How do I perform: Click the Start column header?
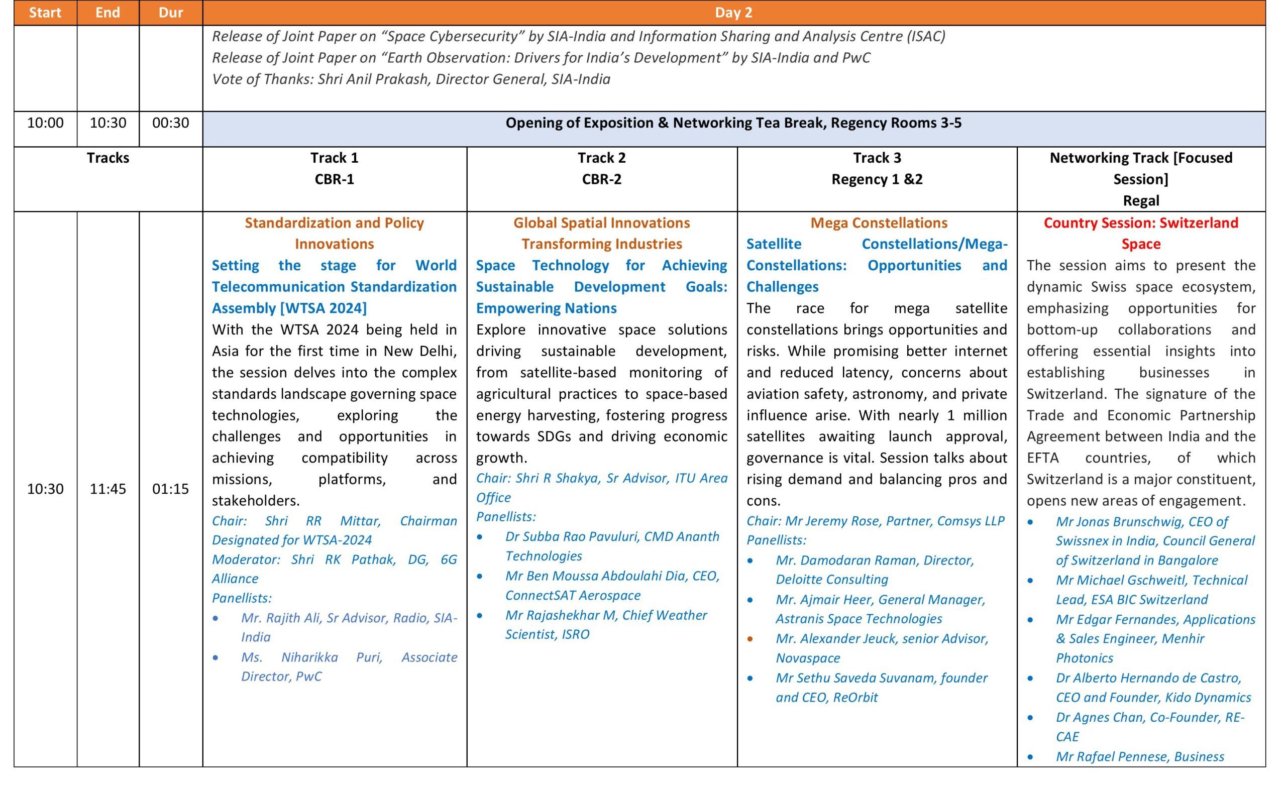(x=45, y=13)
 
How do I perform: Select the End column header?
(x=108, y=13)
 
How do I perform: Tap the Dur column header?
(x=171, y=13)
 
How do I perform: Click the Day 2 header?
(x=733, y=13)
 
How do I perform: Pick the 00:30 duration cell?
(x=171, y=123)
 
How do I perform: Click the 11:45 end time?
(x=108, y=489)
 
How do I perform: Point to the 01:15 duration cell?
(x=171, y=489)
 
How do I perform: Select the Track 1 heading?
(x=334, y=158)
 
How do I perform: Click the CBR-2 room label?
(x=601, y=179)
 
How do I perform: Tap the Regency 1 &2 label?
(x=877, y=179)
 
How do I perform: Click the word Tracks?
(x=108, y=158)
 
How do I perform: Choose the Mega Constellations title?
(x=879, y=223)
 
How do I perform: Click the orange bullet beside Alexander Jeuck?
(x=750, y=639)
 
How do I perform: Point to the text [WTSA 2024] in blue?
(x=323, y=308)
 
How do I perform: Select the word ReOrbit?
(x=855, y=697)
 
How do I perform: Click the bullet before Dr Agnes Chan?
(x=1030, y=718)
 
